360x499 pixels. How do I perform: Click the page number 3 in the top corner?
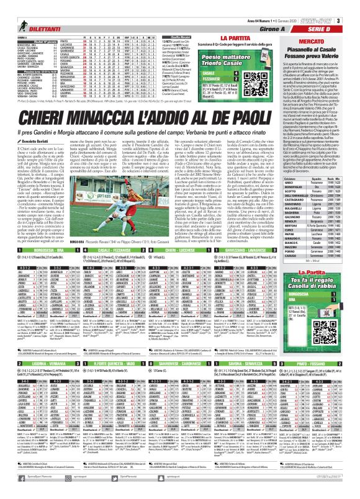pos(355,6)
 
